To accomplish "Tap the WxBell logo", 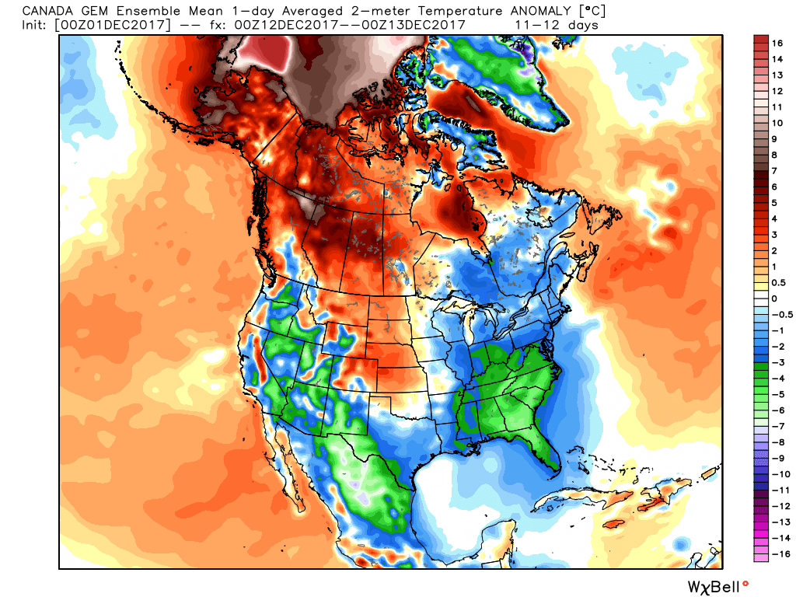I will click(714, 585).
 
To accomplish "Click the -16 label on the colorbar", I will click(780, 554).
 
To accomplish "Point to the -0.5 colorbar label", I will click(782, 315).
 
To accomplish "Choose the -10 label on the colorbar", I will click(780, 474).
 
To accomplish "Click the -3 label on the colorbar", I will click(777, 363).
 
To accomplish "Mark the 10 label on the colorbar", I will click(777, 123).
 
